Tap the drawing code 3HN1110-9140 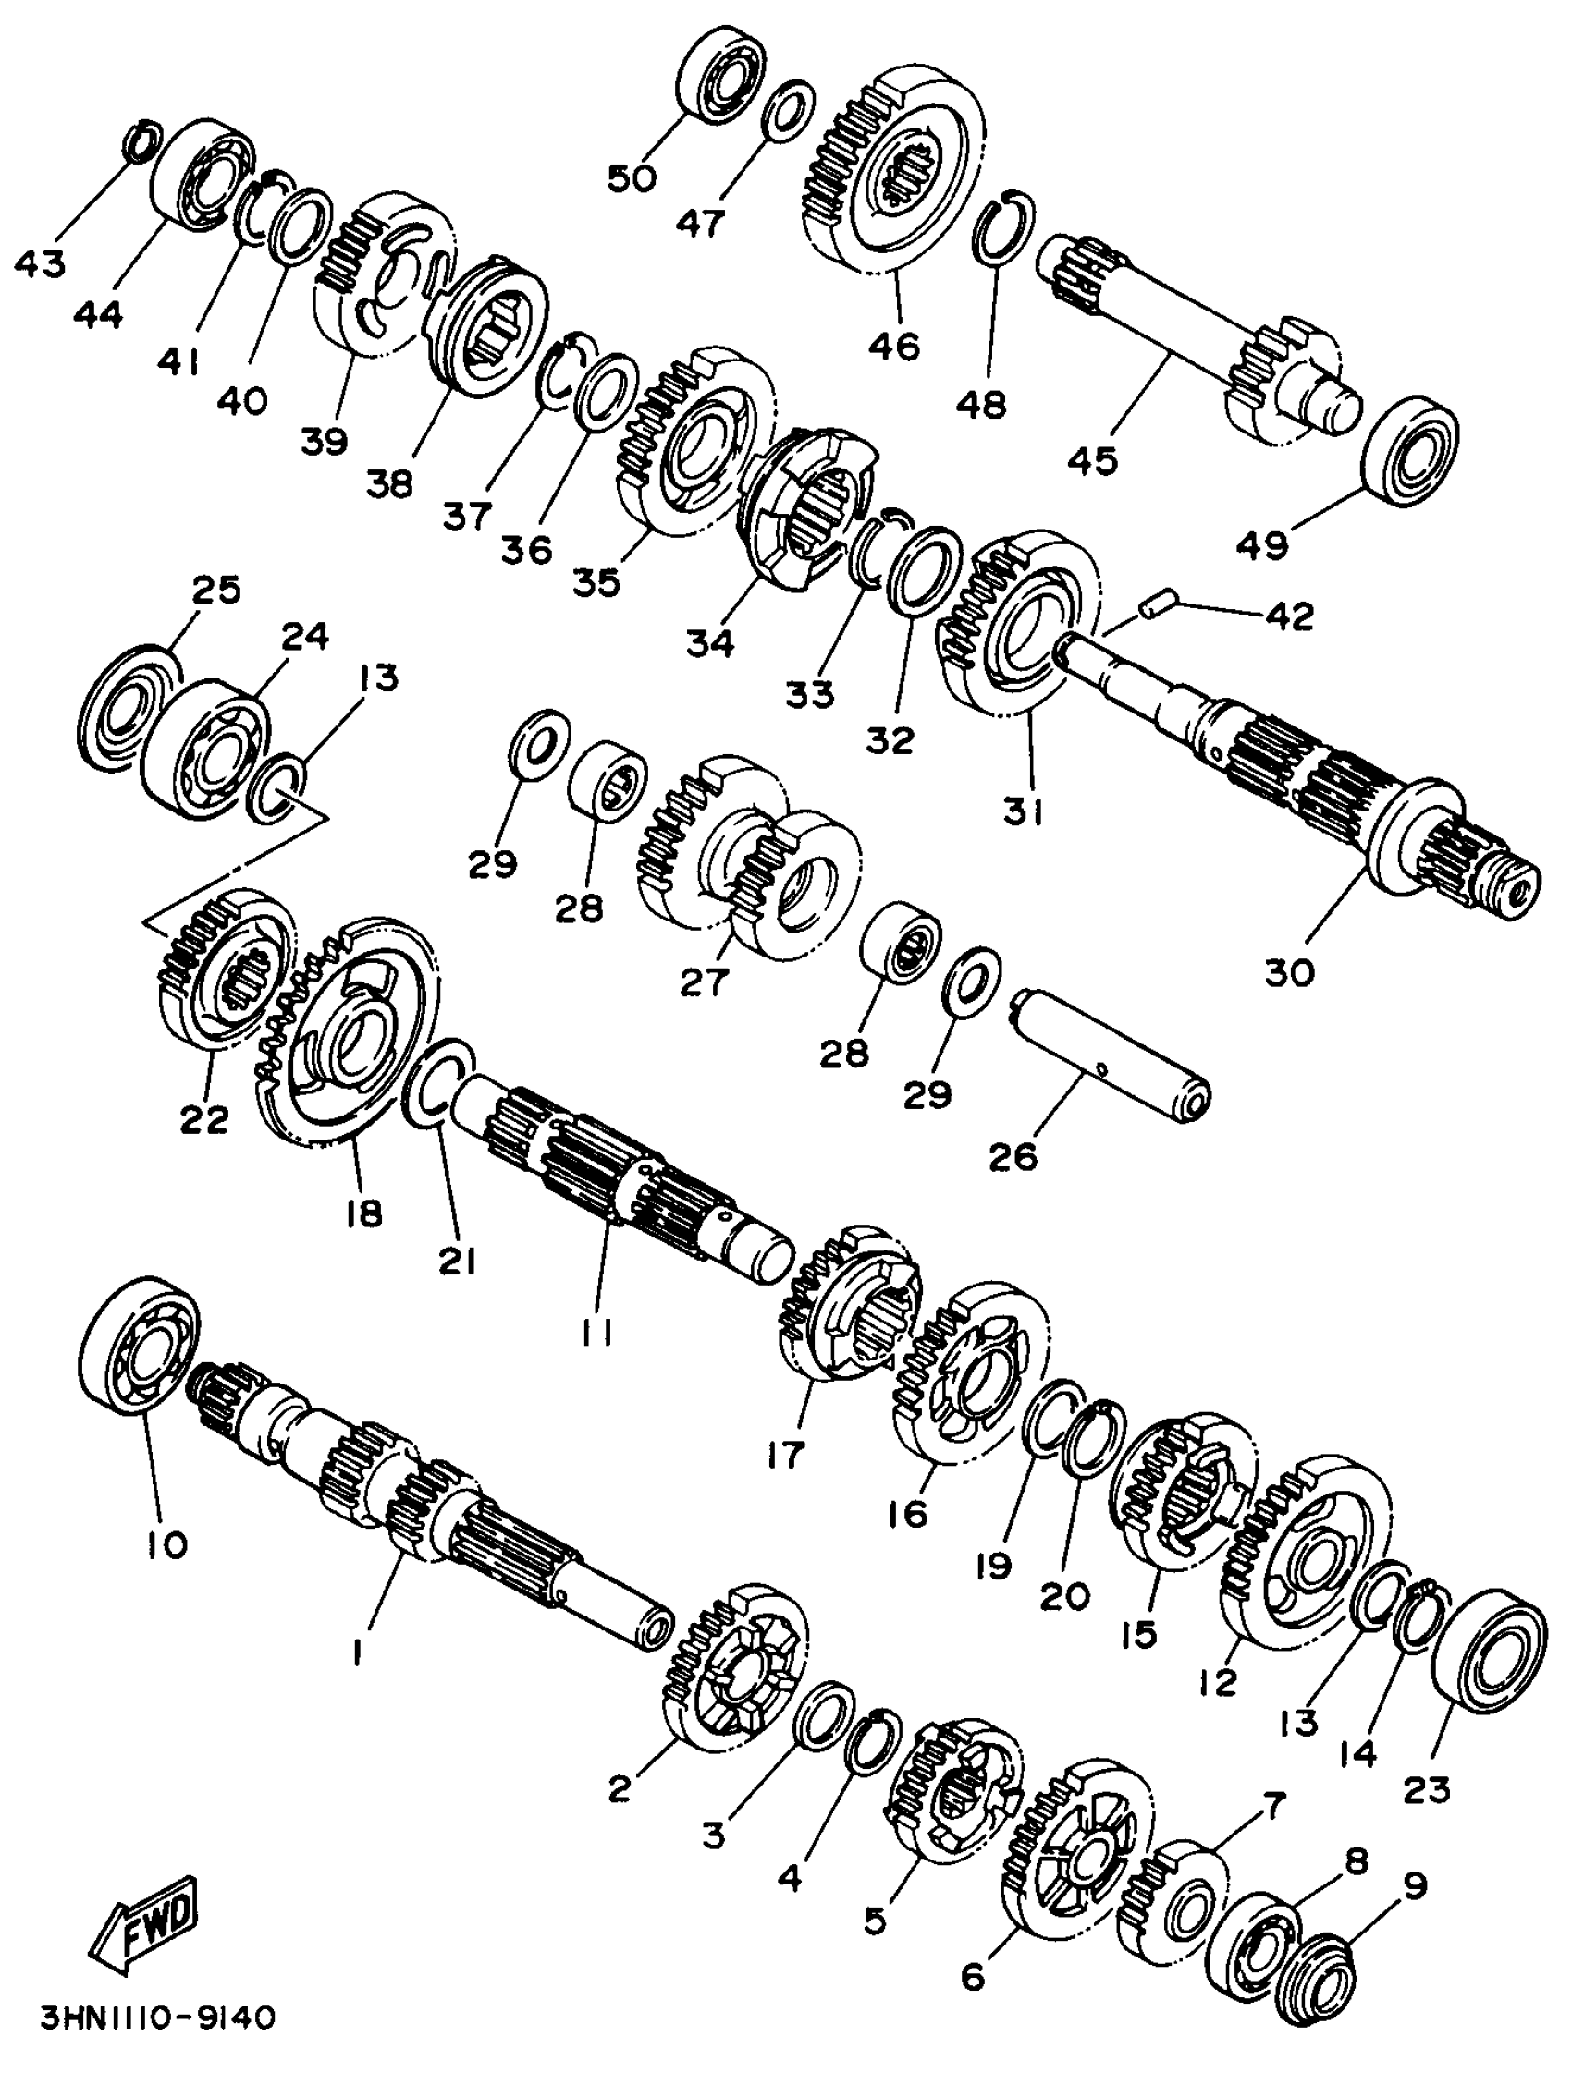(x=158, y=2034)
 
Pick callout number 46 (x=894, y=347)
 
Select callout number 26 (x=1013, y=1157)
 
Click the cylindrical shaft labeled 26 (x=1111, y=1058)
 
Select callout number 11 (x=597, y=1331)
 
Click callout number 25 (x=216, y=591)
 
